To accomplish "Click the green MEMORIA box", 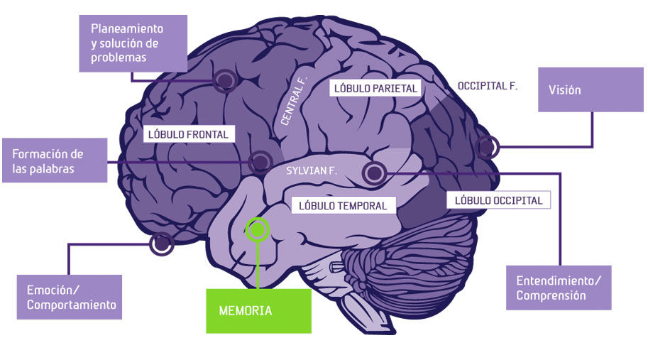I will (258, 310).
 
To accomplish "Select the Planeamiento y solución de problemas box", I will (133, 43).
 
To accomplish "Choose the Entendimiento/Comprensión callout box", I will (558, 288).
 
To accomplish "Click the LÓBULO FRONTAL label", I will (187, 133).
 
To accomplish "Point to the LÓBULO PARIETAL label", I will (374, 88).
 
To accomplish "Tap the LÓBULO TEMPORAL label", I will (342, 205).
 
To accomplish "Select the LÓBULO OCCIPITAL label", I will (498, 200).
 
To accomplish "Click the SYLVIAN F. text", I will (311, 171).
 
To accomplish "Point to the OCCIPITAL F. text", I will (487, 86).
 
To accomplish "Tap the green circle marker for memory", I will (258, 229).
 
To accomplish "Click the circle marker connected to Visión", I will (488, 147).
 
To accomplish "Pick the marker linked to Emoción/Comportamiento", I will (162, 244).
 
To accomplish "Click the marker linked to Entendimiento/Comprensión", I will (373, 171).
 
